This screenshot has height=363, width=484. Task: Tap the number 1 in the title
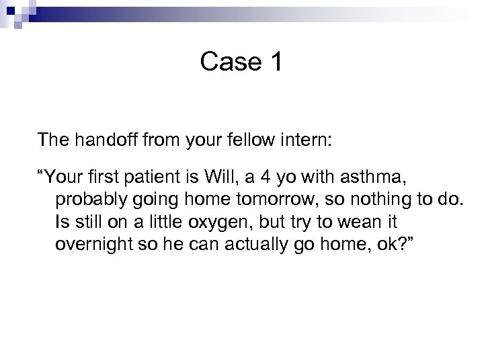point(276,63)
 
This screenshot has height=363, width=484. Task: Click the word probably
point(86,200)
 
